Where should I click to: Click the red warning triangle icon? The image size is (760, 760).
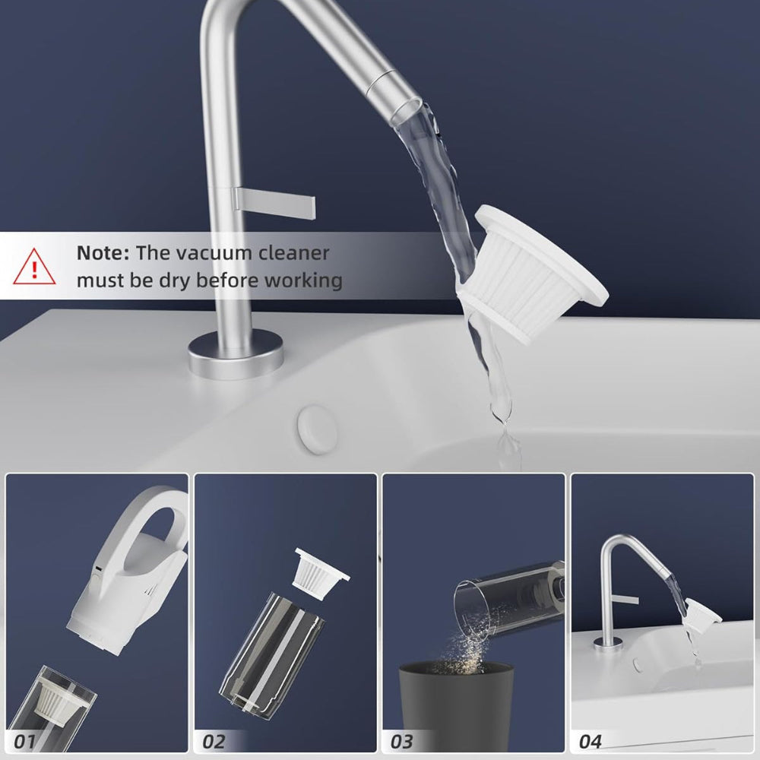[x=34, y=267]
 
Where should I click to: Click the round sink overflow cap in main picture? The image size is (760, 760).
[x=318, y=430]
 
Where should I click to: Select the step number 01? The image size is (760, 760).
[x=24, y=741]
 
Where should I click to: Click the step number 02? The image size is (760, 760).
[x=214, y=741]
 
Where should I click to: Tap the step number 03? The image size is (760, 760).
[x=401, y=741]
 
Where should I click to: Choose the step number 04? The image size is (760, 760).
[x=590, y=741]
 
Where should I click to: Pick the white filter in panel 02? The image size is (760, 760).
[x=321, y=573]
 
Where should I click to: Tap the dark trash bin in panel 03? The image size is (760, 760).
[x=455, y=707]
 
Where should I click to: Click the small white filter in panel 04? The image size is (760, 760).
[x=701, y=616]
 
